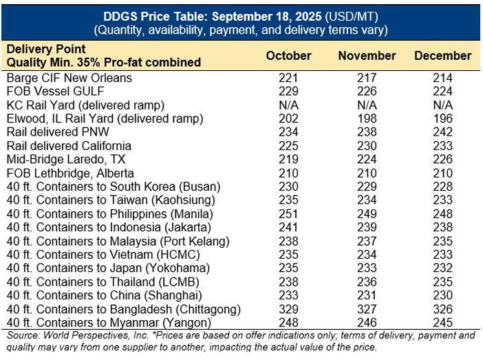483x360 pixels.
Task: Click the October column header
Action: point(288,56)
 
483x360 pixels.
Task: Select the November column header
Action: point(367,56)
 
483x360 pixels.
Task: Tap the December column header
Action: point(443,56)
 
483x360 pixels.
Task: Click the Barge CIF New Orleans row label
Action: point(69,78)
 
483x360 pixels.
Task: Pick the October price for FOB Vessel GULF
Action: point(288,92)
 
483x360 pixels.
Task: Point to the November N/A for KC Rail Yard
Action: point(367,105)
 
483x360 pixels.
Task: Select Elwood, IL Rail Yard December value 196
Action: point(443,118)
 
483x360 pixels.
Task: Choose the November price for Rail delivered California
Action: point(367,146)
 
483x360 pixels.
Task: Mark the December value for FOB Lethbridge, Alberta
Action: point(443,173)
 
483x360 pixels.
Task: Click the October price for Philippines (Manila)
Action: point(288,213)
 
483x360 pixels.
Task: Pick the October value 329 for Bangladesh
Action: point(288,308)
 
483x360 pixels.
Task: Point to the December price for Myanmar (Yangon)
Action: point(443,321)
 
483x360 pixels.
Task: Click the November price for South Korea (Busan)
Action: point(367,187)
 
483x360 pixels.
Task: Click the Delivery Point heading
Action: point(47,50)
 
